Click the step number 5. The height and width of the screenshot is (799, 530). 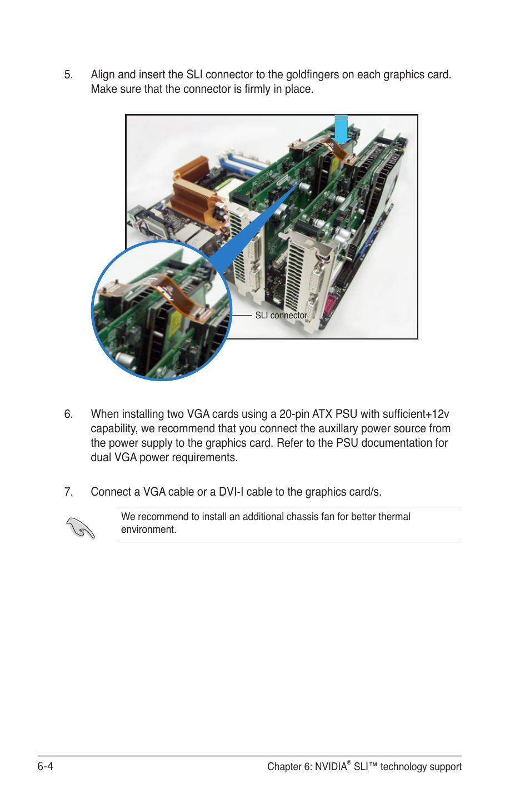(68, 75)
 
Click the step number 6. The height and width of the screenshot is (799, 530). (68, 414)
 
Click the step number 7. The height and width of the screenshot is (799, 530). (68, 492)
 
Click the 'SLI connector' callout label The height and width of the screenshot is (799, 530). (281, 315)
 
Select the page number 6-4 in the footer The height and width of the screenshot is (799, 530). (46, 766)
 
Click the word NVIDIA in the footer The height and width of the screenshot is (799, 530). (331, 767)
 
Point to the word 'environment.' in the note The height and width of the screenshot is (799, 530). (148, 530)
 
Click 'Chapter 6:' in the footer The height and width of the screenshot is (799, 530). (289, 767)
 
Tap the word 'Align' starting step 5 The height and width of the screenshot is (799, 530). (103, 75)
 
